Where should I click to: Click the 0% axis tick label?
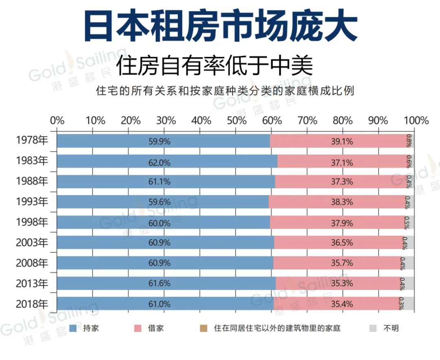(57, 121)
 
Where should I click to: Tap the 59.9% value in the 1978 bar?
(159, 142)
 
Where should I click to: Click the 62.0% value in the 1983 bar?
(159, 162)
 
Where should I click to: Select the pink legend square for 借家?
(138, 328)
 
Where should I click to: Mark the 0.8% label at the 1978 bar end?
(409, 141)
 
